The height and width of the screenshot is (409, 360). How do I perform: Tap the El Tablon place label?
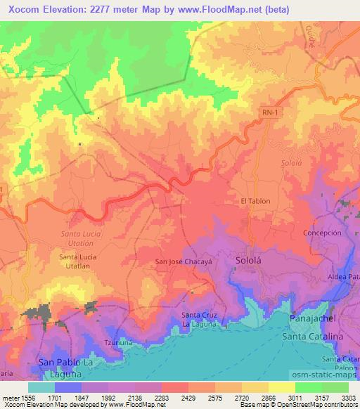click(x=255, y=201)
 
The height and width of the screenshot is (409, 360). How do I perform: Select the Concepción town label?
click(x=322, y=233)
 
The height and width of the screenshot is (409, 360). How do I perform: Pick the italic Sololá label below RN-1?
click(x=290, y=162)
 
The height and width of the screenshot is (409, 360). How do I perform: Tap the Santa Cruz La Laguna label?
click(x=200, y=319)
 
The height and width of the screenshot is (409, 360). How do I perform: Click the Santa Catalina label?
click(x=311, y=338)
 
